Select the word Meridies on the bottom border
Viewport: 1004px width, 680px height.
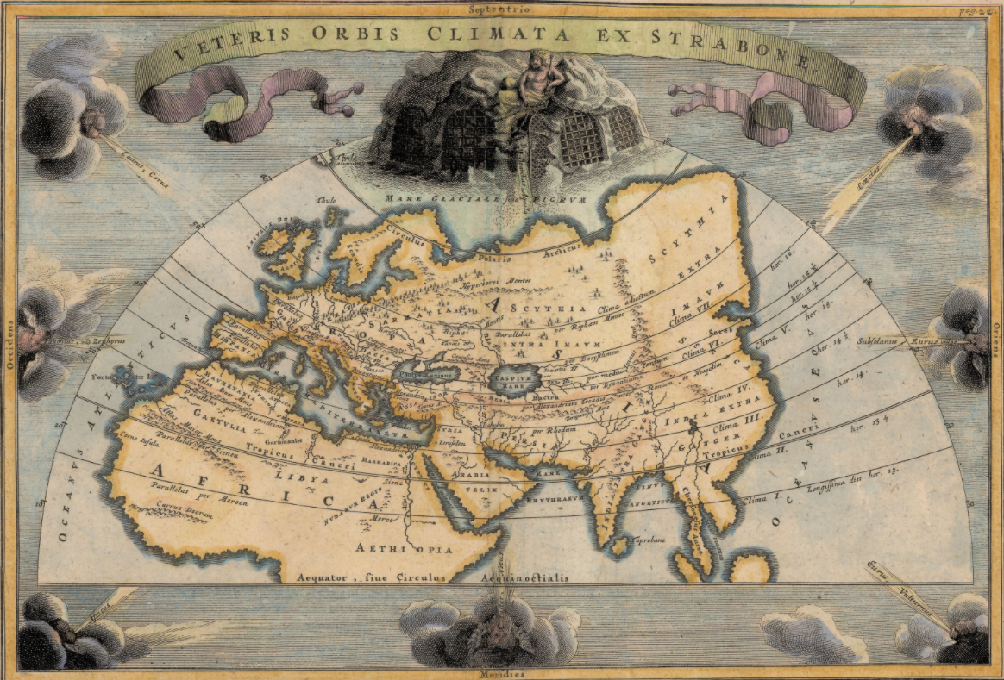click(x=502, y=674)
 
